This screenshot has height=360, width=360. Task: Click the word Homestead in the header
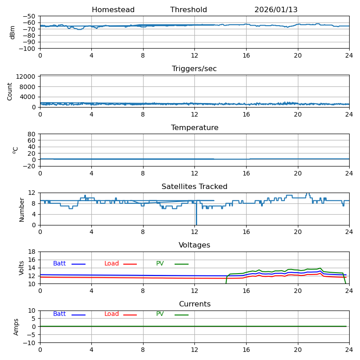point(113,10)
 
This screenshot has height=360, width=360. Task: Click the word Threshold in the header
point(189,10)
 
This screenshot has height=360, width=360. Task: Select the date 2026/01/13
point(276,10)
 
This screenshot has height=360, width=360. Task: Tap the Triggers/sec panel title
point(194,69)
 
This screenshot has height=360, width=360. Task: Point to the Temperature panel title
point(194,128)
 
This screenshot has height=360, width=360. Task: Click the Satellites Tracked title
point(194,187)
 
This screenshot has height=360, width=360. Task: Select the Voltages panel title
point(194,245)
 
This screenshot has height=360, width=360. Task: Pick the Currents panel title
point(194,304)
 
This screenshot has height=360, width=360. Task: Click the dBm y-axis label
point(13,32)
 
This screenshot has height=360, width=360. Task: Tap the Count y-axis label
point(10,91)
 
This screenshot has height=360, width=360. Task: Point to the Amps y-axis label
point(16,327)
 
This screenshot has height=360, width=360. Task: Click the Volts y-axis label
point(22,268)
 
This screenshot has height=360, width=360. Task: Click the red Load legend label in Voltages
point(112,264)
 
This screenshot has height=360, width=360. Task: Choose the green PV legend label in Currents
point(160,314)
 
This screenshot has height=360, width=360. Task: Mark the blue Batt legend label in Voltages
point(59,264)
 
